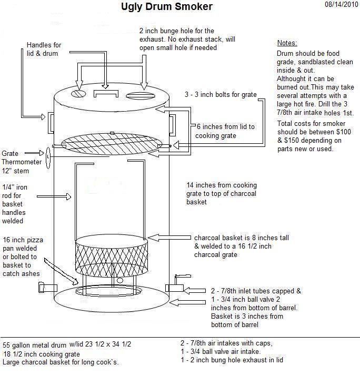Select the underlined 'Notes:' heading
[x=287, y=43]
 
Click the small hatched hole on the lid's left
[x=78, y=93]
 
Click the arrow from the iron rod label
[x=61, y=196]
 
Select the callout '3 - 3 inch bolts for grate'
[x=221, y=95]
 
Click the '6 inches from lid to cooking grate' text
[x=225, y=131]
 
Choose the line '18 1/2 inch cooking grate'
[x=42, y=353]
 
